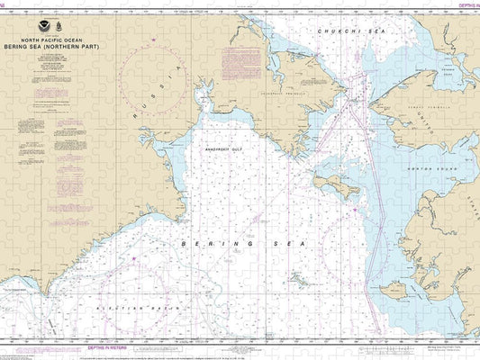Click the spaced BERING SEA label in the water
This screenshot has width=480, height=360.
click(x=244, y=244)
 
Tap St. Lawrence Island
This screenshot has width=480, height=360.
click(x=332, y=186)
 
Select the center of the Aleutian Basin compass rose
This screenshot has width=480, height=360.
click(x=135, y=297)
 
